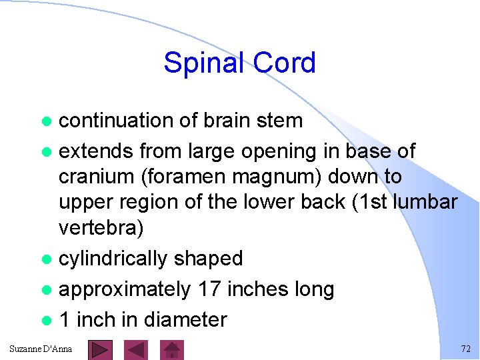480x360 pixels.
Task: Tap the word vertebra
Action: pyautogui.click(x=101, y=228)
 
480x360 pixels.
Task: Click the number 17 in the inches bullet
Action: pyautogui.click(x=209, y=289)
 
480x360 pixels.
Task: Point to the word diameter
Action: pyautogui.click(x=186, y=320)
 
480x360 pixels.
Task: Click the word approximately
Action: pyautogui.click(x=124, y=289)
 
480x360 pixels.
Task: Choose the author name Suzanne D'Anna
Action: pyautogui.click(x=41, y=349)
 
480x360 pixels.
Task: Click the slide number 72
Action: pyautogui.click(x=465, y=349)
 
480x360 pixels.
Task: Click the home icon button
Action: pyautogui.click(x=173, y=350)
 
